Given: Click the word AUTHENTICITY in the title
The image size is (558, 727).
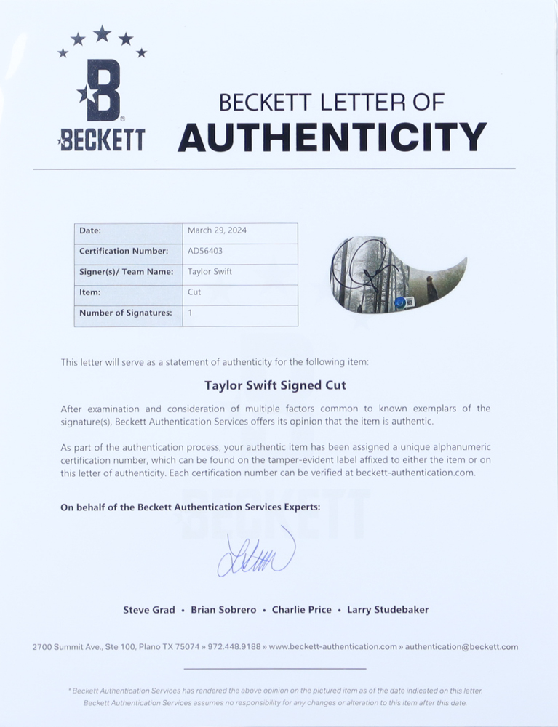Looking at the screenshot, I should (332, 137).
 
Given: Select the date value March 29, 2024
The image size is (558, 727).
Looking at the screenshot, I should (217, 230).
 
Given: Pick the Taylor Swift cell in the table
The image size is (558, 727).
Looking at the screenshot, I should (210, 271).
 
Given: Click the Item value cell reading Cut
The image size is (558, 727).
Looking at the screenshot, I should (194, 292).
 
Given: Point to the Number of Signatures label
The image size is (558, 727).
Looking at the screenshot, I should (126, 313).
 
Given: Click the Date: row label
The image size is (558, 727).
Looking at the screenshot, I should (90, 230).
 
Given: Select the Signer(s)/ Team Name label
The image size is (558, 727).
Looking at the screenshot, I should (126, 271).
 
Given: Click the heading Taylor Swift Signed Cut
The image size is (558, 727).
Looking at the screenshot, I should (276, 385).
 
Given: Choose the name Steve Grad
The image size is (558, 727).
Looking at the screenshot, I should (149, 610).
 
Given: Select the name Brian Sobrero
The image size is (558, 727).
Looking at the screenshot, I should (223, 610).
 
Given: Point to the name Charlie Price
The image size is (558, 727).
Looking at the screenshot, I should (301, 610).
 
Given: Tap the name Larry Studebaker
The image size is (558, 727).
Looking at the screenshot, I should (388, 610).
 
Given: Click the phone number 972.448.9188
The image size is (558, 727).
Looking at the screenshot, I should (235, 646).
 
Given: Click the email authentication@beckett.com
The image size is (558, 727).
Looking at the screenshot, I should (461, 646).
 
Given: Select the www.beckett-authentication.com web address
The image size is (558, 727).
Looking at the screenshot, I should (333, 646).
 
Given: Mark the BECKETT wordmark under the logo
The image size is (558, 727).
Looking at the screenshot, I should (101, 140).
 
